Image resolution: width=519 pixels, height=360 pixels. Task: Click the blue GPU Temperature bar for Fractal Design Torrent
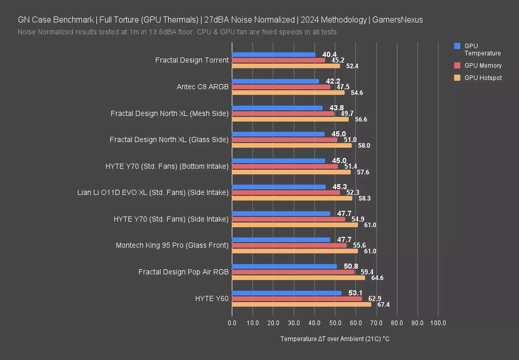click(273, 54)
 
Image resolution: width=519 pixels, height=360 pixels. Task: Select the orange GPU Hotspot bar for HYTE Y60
click(301, 304)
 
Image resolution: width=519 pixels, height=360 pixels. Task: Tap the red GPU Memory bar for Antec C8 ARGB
click(281, 87)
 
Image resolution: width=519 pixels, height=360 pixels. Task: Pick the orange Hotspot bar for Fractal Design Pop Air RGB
click(298, 278)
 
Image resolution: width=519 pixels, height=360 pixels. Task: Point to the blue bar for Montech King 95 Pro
click(281, 240)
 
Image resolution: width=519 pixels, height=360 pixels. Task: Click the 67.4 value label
click(383, 305)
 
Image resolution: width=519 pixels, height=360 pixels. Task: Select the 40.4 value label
click(329, 54)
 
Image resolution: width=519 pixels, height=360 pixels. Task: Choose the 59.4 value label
click(367, 272)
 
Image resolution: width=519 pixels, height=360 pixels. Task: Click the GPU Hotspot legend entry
click(483, 78)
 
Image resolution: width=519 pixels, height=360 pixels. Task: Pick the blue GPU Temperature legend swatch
click(457, 46)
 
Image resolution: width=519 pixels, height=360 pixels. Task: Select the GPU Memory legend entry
click(483, 66)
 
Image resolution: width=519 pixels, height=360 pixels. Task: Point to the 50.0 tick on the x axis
click(335, 323)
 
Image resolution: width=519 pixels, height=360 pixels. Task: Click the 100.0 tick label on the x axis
click(438, 323)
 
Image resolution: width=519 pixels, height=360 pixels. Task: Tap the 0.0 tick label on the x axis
click(232, 323)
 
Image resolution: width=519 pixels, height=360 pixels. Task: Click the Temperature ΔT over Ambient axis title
click(335, 339)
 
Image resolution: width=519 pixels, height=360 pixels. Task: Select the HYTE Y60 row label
click(212, 298)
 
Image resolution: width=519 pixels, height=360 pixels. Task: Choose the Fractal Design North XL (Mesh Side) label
click(170, 114)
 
